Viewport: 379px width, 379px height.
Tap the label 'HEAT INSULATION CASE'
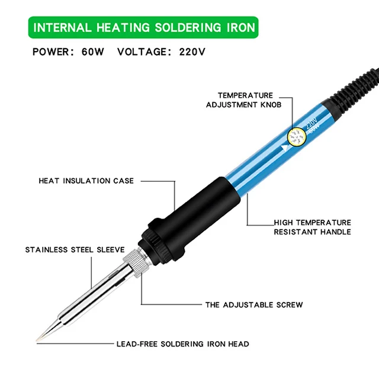(86, 181)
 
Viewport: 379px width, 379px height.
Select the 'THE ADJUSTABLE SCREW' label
(254, 305)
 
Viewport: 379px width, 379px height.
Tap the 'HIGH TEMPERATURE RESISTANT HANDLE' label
(312, 227)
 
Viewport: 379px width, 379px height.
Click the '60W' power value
(93, 52)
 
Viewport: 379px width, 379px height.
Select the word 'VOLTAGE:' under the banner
(146, 52)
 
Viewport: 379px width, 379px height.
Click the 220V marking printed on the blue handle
(311, 123)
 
